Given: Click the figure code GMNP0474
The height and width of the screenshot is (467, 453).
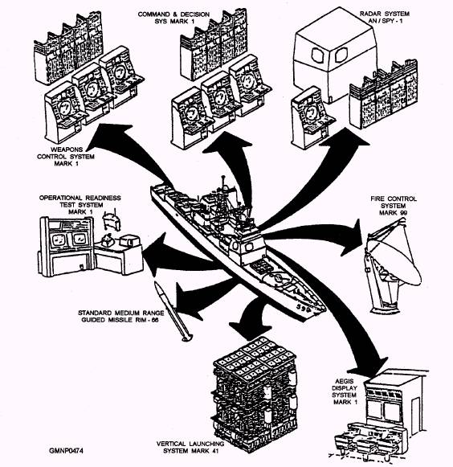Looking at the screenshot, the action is (x=66, y=450).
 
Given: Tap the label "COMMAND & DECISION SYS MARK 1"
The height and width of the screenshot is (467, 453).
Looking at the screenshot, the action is (x=173, y=18).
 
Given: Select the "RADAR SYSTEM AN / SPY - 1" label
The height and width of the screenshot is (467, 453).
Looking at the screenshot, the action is (x=385, y=17).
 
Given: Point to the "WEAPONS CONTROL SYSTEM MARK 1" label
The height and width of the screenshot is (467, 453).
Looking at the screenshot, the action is (x=66, y=157).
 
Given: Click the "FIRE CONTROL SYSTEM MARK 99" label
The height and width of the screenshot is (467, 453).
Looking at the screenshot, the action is (x=394, y=206).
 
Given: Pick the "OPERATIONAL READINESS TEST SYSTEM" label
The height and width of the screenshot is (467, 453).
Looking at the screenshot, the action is (x=80, y=201).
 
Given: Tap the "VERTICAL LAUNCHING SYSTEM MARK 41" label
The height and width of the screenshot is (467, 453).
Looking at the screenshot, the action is (x=190, y=448).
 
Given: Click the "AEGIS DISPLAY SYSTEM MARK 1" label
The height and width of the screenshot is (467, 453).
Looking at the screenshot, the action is (x=345, y=391).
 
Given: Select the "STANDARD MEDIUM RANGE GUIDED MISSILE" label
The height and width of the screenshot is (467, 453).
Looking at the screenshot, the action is (x=121, y=317).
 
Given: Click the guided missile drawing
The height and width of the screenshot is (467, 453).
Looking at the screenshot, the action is (x=173, y=311).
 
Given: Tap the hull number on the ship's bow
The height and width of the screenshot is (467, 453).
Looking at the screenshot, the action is (x=304, y=309).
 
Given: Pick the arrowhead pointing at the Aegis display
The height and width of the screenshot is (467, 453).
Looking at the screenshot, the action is (x=369, y=365).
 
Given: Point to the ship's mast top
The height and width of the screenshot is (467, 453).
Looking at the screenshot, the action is (x=223, y=178).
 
